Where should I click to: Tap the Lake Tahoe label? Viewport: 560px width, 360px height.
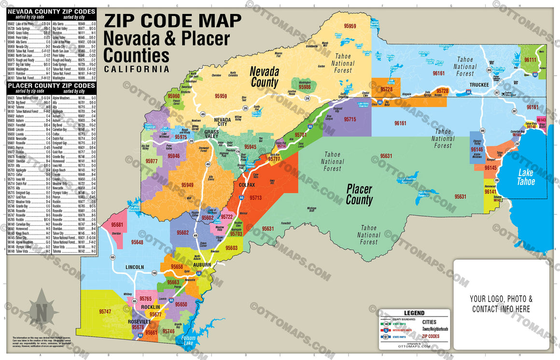(526, 177)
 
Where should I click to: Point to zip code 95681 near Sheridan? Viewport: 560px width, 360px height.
(117, 225)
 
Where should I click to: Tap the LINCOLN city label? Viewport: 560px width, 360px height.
(135, 267)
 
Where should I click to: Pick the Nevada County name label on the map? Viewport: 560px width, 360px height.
(264, 77)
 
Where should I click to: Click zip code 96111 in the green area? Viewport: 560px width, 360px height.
(530, 59)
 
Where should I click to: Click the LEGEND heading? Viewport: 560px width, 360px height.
(414, 313)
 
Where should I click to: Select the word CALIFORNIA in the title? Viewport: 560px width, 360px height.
(137, 69)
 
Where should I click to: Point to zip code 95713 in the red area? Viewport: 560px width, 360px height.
(255, 198)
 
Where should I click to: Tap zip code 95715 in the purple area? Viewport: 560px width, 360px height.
(350, 119)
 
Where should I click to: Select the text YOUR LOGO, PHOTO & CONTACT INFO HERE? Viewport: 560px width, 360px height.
(501, 304)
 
